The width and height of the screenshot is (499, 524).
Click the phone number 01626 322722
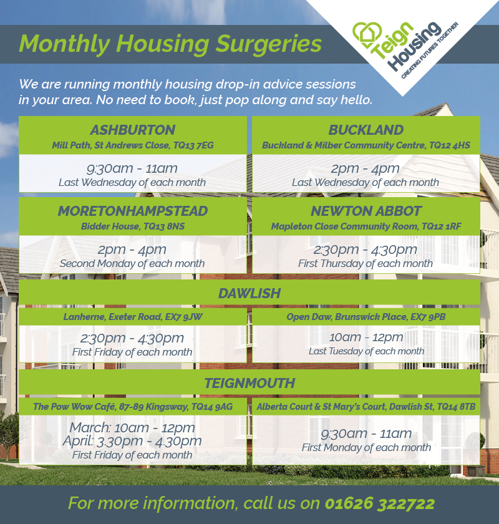click(380, 503)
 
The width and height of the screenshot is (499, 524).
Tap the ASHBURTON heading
click(133, 130)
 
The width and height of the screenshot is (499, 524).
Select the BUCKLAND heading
click(366, 130)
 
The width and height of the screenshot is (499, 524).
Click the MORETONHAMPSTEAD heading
click(133, 211)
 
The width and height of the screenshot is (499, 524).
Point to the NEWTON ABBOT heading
click(366, 211)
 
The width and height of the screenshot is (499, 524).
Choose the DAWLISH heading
click(249, 293)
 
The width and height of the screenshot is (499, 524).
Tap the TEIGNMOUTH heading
click(249, 383)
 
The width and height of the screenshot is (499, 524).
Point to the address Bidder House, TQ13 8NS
click(133, 226)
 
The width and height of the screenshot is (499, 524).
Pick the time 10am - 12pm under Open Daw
click(366, 337)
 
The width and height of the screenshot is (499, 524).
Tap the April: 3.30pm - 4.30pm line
click(132, 441)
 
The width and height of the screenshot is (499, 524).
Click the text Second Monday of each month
click(132, 264)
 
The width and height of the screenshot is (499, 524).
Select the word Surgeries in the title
click(268, 44)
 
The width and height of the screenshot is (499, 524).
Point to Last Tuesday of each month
click(366, 351)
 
